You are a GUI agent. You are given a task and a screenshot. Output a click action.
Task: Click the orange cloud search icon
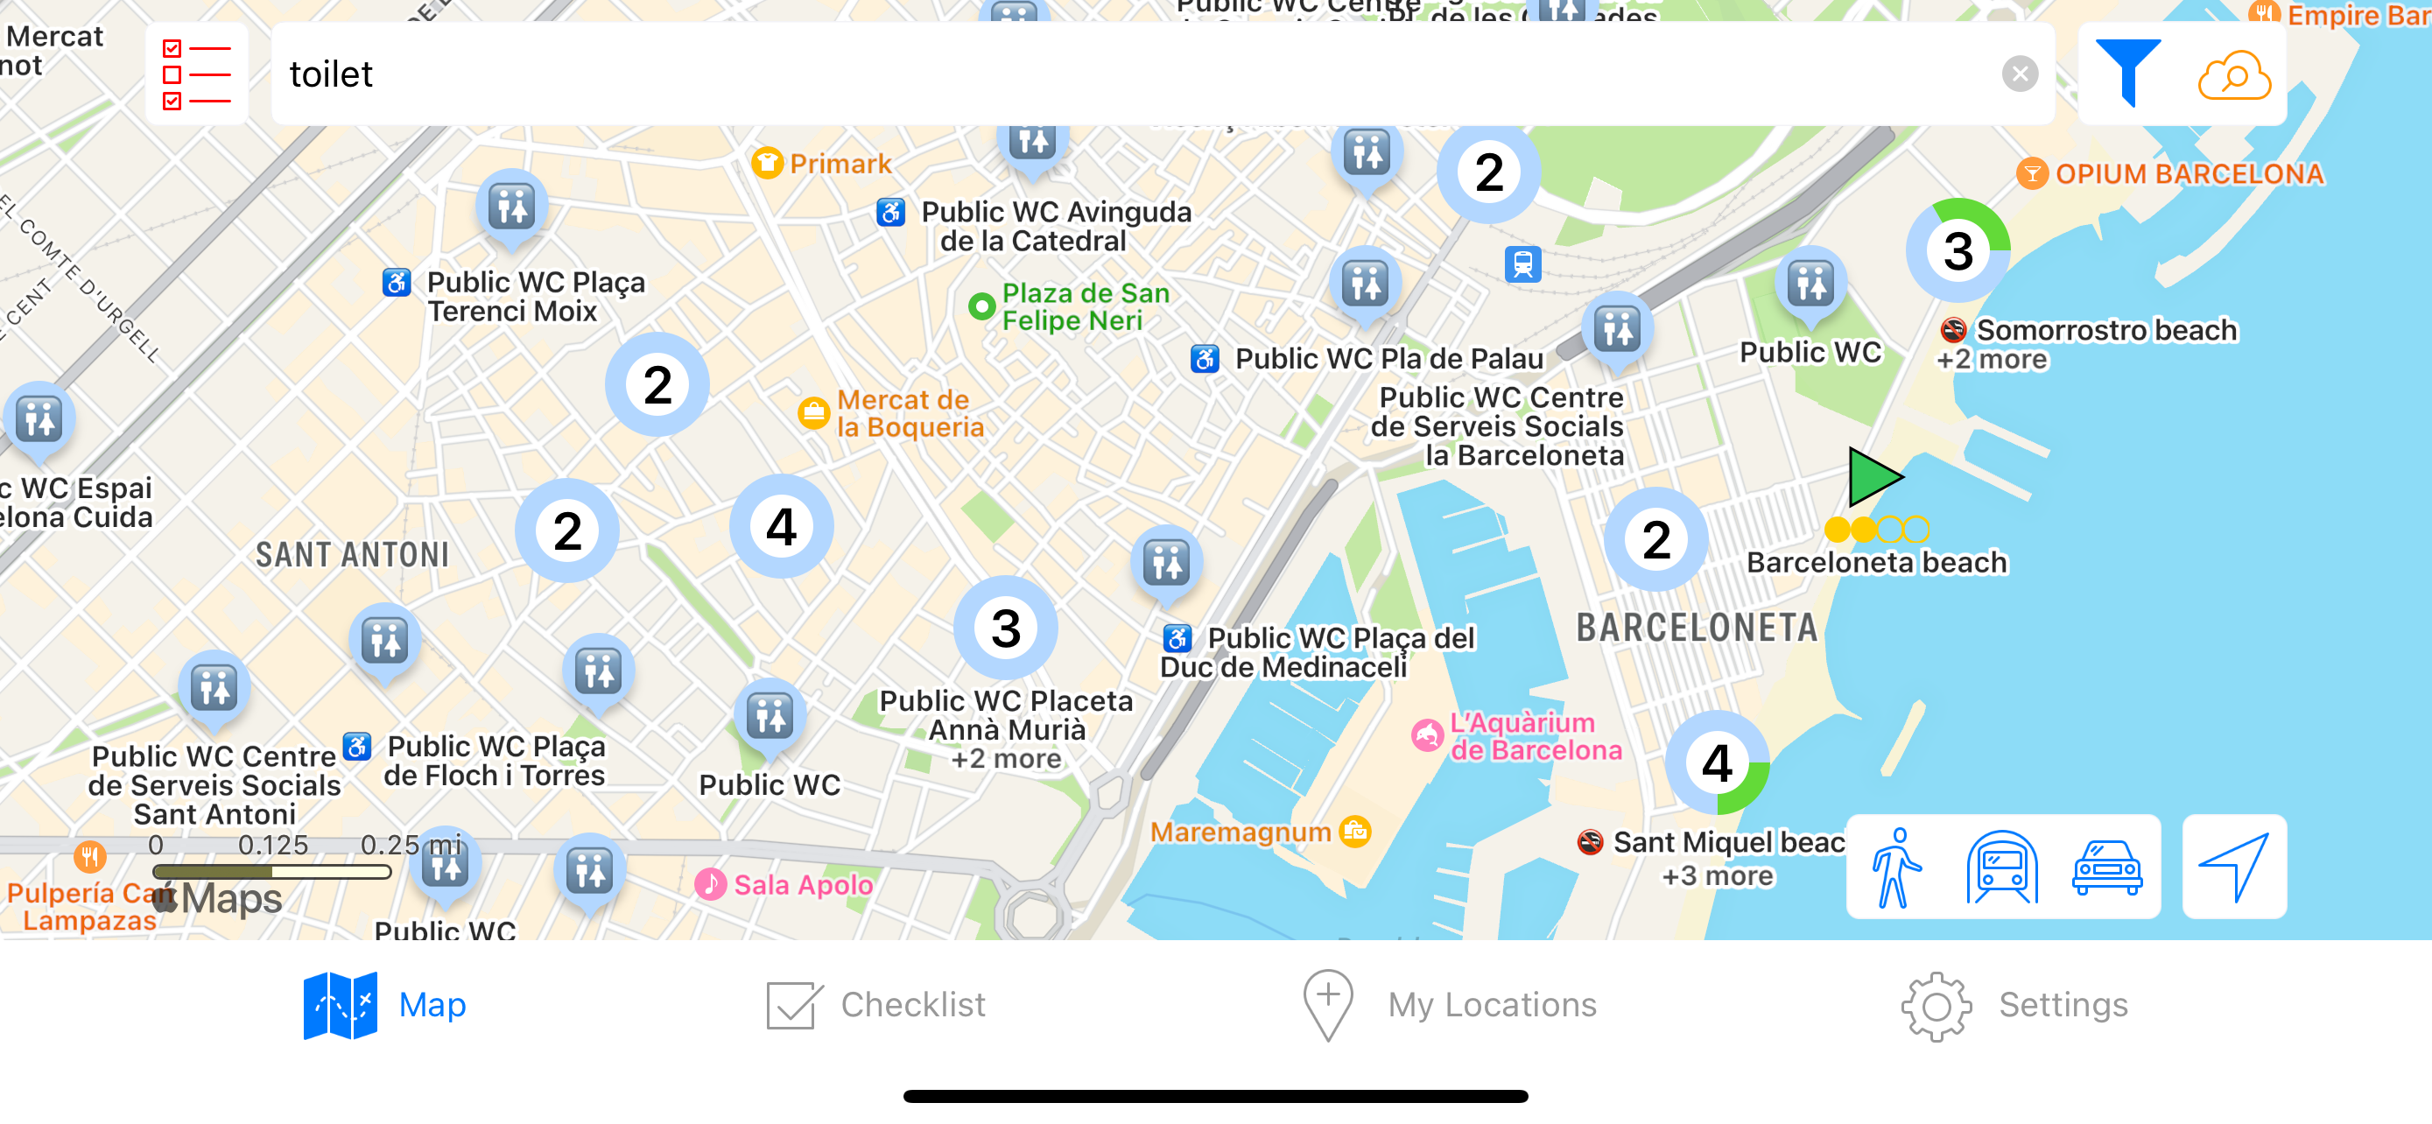click(x=2234, y=74)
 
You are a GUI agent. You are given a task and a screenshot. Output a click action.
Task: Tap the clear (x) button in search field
click(x=2020, y=74)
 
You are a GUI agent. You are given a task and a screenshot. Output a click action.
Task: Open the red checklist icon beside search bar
click(x=196, y=74)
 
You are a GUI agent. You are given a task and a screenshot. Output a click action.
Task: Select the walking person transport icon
click(x=1894, y=868)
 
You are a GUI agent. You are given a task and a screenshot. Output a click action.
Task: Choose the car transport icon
click(x=2106, y=868)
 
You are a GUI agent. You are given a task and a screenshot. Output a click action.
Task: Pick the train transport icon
click(x=2001, y=868)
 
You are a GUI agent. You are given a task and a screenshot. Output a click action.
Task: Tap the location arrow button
click(x=2234, y=868)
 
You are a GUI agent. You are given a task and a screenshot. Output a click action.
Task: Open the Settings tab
click(x=2014, y=1005)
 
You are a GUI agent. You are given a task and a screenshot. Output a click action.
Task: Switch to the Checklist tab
click(x=875, y=1005)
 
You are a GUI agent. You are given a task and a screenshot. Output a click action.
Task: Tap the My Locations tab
click(x=1449, y=1005)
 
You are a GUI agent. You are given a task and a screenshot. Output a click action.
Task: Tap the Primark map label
click(x=840, y=165)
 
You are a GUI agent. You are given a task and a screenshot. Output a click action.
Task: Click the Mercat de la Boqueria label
click(x=910, y=413)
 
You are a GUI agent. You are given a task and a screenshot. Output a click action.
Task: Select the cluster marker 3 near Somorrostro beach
click(x=1958, y=251)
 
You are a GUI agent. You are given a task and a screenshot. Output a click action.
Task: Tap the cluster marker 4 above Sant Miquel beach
click(x=1717, y=762)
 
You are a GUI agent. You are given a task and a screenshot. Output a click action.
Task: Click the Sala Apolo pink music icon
click(x=710, y=884)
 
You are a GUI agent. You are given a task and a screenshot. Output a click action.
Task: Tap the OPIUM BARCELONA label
click(x=2188, y=174)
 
